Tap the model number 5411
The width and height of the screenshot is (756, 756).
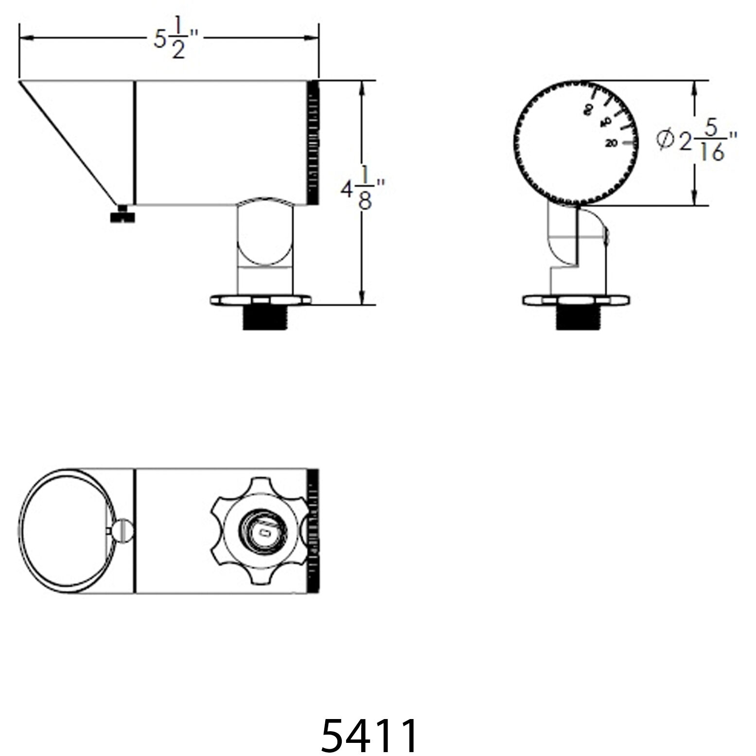click(x=369, y=735)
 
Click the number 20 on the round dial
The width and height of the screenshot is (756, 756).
click(x=612, y=143)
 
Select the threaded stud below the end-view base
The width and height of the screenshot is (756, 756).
click(x=579, y=318)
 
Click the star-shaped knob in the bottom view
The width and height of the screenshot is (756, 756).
click(x=260, y=532)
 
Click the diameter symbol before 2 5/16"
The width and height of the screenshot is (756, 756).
click(x=665, y=140)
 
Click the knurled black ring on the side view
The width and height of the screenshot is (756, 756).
click(x=313, y=142)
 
